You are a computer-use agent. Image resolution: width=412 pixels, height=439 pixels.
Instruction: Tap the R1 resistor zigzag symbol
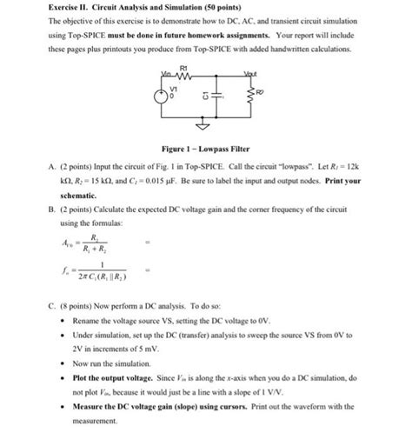click(182, 76)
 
